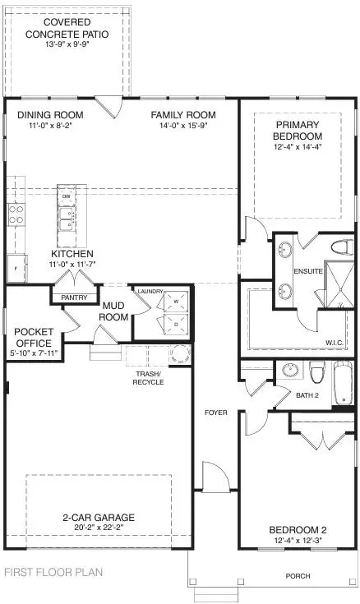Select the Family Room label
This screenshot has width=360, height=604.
pyautogui.click(x=182, y=115)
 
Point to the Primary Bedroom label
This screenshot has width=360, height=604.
pyautogui.click(x=298, y=130)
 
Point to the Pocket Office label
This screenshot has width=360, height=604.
pyautogui.click(x=34, y=337)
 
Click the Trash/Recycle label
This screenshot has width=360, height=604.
pyautogui.click(x=150, y=379)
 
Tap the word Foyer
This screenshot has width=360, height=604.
pyautogui.click(x=215, y=412)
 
